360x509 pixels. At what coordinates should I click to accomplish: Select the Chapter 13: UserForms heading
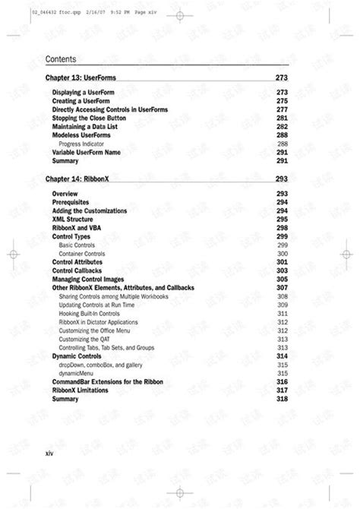[x=81, y=78]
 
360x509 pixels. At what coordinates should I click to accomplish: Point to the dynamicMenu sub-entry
[x=79, y=373]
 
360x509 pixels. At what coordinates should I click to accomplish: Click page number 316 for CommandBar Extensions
[x=282, y=381]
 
